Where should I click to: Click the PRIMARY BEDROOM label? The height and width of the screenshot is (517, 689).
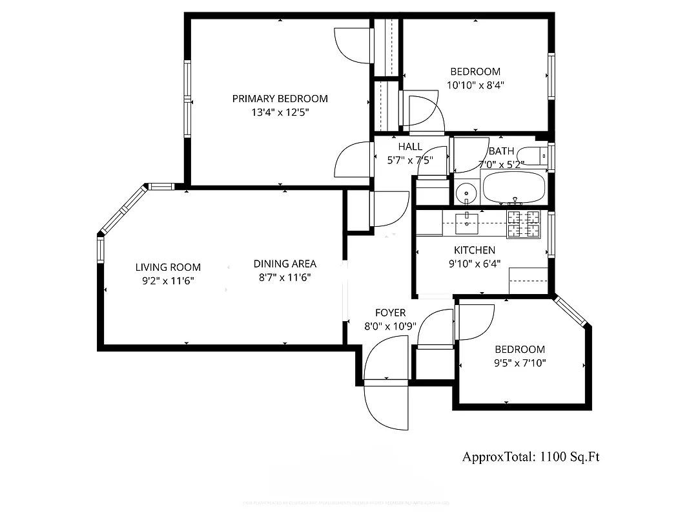(x=280, y=99)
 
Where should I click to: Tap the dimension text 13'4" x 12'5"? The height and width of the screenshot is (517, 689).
(x=280, y=112)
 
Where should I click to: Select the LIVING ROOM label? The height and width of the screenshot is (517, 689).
(x=168, y=267)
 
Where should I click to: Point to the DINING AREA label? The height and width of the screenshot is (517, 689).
(x=285, y=264)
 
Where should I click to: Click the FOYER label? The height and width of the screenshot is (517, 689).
(x=390, y=313)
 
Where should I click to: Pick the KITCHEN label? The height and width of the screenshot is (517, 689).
(x=475, y=250)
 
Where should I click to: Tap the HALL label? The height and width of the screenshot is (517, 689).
(x=410, y=147)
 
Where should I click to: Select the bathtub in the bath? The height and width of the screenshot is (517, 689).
(x=513, y=187)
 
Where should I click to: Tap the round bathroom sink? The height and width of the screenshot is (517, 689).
(x=465, y=193)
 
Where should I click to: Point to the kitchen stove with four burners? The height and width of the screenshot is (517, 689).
(x=523, y=224)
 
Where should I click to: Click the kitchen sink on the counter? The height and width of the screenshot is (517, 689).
(x=466, y=223)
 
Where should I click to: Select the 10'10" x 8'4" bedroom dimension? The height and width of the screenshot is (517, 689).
(x=475, y=85)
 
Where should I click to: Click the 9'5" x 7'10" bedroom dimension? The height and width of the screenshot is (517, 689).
(x=520, y=363)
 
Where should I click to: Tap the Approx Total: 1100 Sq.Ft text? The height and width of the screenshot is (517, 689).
(x=531, y=457)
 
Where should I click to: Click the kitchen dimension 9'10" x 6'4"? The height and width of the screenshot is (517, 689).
(x=475, y=263)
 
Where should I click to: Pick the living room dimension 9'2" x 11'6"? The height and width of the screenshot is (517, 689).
(x=168, y=280)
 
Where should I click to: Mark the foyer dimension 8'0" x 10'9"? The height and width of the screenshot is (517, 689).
(x=390, y=326)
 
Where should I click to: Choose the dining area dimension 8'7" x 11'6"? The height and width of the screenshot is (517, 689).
(x=285, y=277)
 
